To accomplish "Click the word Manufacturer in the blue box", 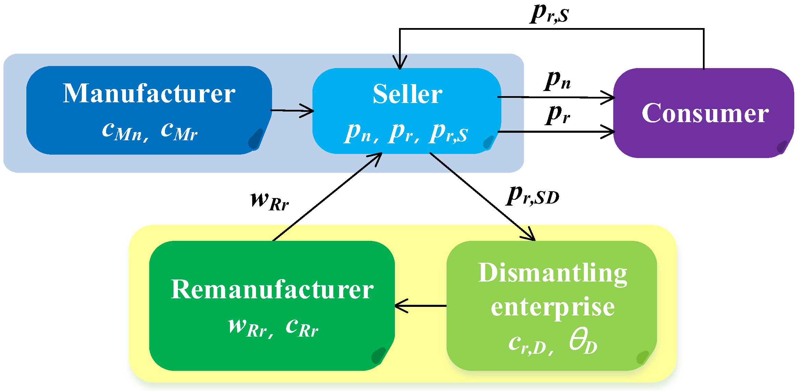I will [149, 93].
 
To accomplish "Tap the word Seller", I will [407, 94].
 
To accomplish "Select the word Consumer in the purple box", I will [705, 113].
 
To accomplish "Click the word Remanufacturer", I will [272, 289].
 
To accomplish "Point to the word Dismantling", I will [552, 273].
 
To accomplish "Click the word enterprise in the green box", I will [552, 307].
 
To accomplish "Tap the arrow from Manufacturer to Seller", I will [293, 110].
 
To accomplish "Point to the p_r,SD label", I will [532, 196].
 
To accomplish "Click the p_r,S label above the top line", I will [550, 14].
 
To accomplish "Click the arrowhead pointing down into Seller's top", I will [400, 63].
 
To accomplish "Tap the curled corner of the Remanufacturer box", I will [379, 356].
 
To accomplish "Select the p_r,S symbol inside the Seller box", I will [449, 133].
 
